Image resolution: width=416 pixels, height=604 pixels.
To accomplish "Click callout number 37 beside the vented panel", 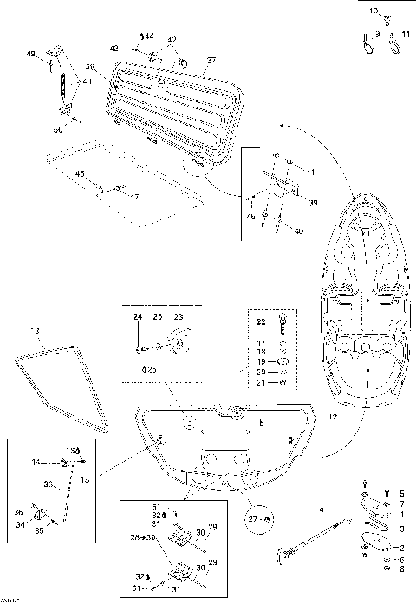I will point(210,61).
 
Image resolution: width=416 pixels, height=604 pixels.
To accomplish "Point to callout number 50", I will point(57,129).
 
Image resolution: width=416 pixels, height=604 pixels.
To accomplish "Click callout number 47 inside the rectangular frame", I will point(133,197).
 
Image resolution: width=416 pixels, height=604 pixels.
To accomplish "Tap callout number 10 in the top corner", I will point(374,10).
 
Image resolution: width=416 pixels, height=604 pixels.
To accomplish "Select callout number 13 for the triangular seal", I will point(36,331).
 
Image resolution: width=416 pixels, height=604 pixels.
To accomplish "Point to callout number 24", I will point(137,318).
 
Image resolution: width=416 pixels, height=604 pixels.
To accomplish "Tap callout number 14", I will point(36,463).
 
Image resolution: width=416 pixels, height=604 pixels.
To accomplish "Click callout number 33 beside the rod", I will point(49,485).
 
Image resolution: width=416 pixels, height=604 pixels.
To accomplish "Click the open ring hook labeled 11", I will point(393,42).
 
